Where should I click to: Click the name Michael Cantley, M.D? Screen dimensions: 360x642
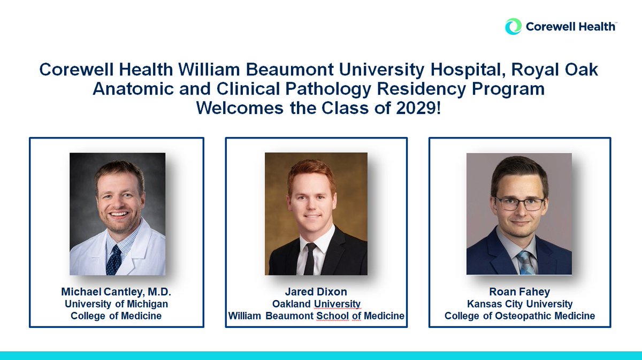116,292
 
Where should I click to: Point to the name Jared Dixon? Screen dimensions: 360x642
316,293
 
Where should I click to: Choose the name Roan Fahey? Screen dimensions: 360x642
519,293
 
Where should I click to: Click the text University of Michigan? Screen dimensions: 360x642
116,304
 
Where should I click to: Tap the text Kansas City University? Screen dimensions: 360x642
519,304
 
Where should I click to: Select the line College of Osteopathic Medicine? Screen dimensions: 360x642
519,316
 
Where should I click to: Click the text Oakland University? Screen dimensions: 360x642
316,304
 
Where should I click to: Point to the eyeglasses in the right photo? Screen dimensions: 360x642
519,204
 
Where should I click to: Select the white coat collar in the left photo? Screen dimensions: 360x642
134,241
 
